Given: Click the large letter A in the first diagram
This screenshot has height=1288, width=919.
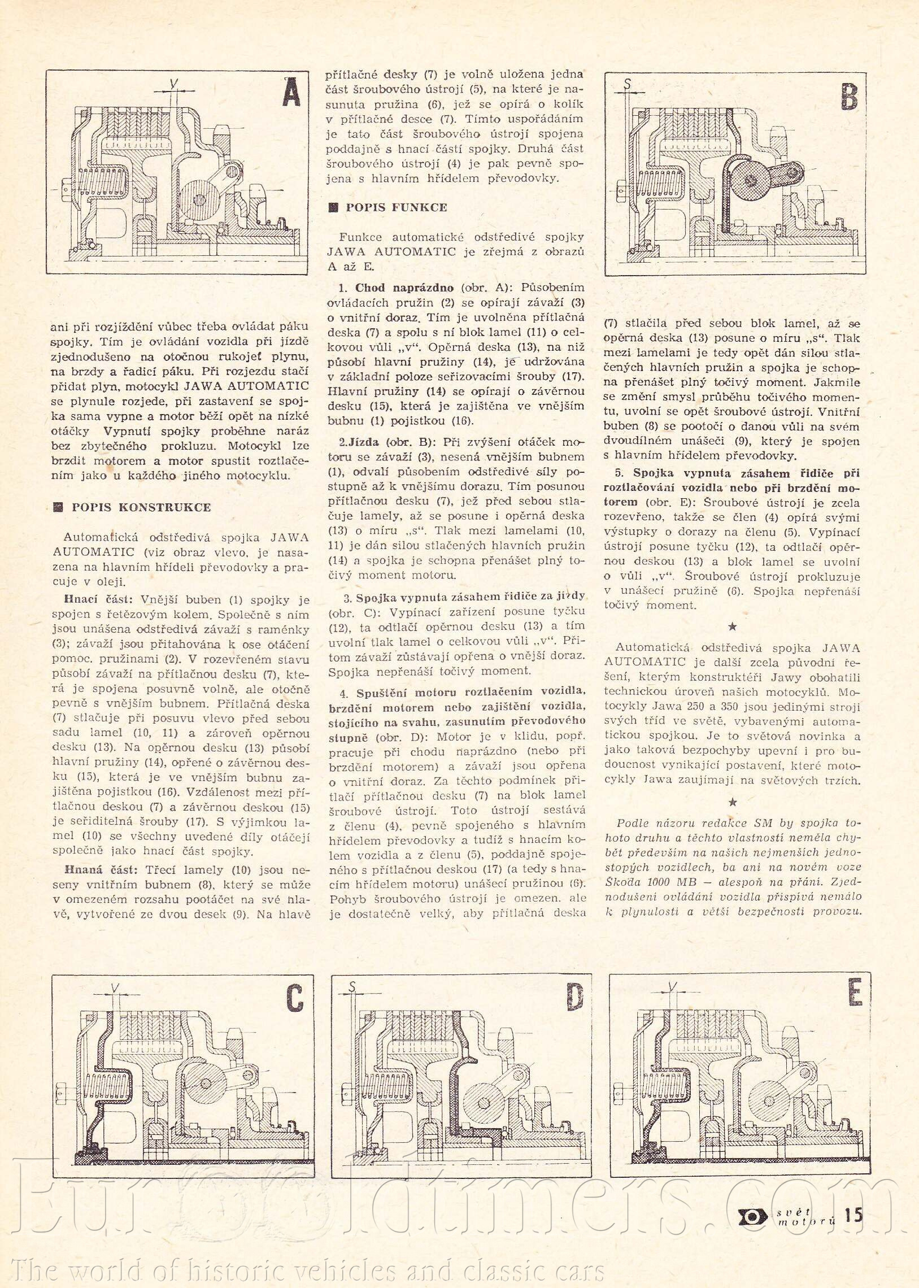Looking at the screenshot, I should [291, 92].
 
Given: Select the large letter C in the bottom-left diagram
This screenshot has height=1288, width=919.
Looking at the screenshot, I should [294, 998].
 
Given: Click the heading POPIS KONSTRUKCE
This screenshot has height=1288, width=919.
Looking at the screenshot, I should [141, 507].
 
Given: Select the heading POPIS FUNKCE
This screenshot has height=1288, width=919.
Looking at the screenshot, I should [396, 207].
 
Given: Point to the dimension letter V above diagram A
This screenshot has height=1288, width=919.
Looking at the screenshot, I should [175, 84].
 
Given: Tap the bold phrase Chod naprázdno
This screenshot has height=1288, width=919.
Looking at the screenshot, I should [406, 288].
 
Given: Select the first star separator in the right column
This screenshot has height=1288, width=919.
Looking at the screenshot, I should [732, 626].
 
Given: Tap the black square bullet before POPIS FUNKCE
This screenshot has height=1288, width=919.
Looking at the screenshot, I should [333, 207].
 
